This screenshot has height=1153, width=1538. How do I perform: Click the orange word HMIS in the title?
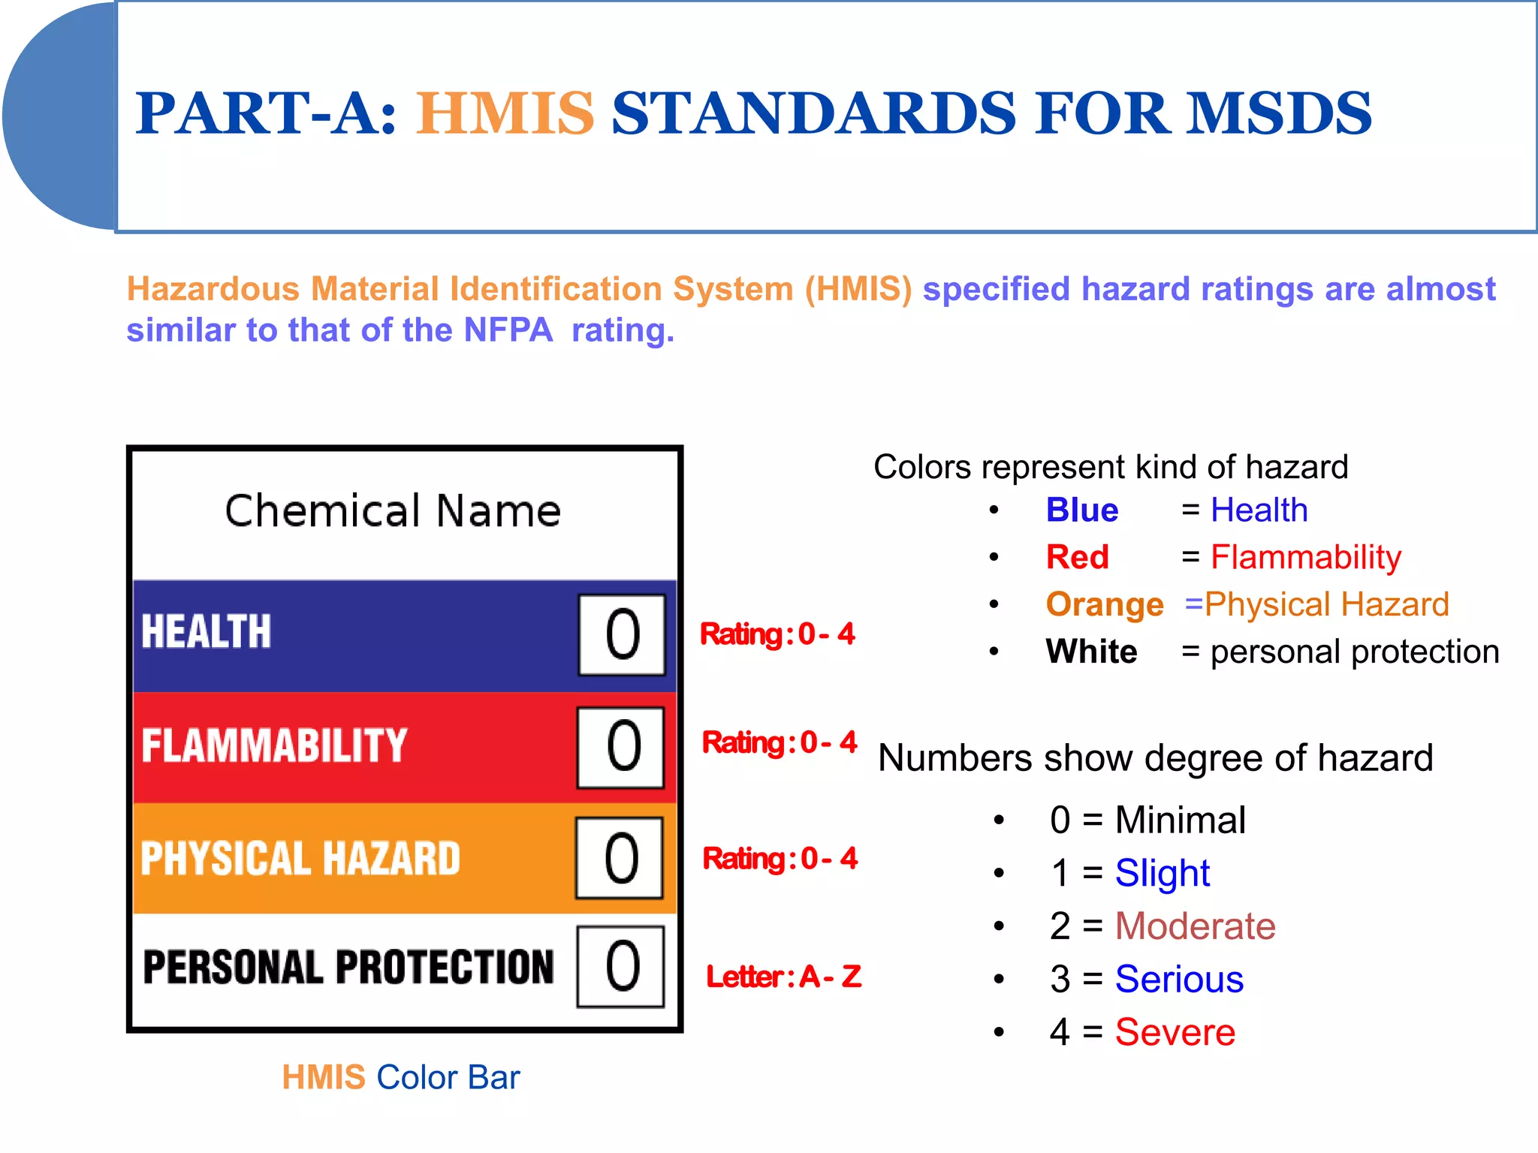coord(505,114)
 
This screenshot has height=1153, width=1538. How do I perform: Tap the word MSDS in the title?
coord(1278,114)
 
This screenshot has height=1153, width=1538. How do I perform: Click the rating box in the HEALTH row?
coord(622,635)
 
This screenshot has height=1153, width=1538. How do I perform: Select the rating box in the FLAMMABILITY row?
coord(621,747)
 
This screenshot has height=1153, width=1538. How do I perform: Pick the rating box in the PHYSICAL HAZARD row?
coord(620,858)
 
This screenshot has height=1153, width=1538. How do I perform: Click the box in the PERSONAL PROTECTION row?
coord(621,967)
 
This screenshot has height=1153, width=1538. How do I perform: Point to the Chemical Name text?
coord(393,511)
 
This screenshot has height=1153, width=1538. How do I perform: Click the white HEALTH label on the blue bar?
coord(206,631)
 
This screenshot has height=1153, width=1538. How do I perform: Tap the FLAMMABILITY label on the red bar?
coord(274,745)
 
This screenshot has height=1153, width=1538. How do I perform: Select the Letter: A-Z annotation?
coord(783,977)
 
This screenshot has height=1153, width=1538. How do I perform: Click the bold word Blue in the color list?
coord(1082,510)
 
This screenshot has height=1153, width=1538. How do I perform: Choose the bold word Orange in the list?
coord(1105,604)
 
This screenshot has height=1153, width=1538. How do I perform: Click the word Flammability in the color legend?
coord(1306,558)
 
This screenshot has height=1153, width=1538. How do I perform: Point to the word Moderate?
coord(1195,926)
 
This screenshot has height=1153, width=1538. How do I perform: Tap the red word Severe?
coord(1175,1032)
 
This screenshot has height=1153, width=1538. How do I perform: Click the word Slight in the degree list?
coord(1163,873)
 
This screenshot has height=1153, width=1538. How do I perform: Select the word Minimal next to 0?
coord(1181,820)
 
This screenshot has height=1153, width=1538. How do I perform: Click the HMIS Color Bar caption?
coord(400,1077)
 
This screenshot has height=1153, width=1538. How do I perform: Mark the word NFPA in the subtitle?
coord(508,330)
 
